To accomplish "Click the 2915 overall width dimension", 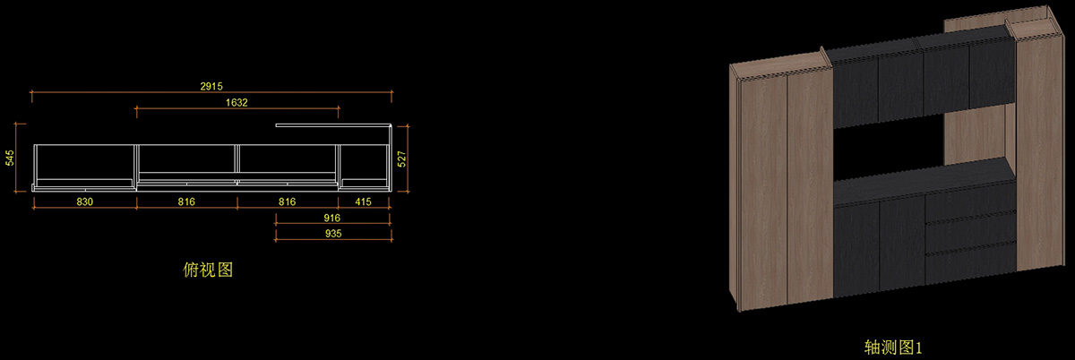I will coord(211,85).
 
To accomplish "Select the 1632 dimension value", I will coord(236,102).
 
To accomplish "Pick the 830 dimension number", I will coord(84,202).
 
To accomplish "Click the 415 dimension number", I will coord(363,202).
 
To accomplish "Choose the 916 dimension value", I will coord(331,218).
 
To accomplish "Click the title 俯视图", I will coord(207,269).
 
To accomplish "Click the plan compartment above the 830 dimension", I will coord(84,163).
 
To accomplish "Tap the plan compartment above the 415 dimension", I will coord(363,163).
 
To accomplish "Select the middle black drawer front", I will coord(970,232).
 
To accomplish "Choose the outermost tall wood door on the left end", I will coord(761,188).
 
